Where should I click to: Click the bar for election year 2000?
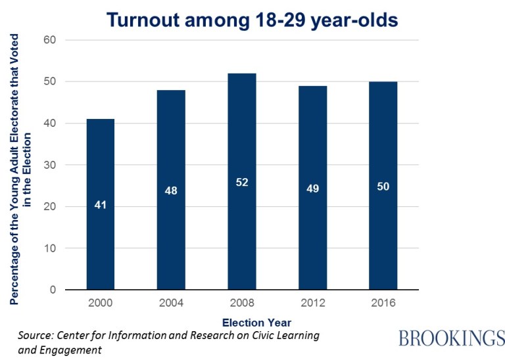pos(101,204)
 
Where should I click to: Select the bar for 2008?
pos(242,181)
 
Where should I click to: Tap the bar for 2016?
pos(383,186)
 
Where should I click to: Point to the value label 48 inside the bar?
pos(171,191)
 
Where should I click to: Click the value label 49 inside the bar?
pos(312,189)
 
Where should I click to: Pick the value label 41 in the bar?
pos(101,205)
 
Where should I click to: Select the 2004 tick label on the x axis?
pos(171,304)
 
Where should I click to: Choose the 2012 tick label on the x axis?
pos(312,304)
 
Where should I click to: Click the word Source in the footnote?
pos(36,336)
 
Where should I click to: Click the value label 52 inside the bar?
pos(242,182)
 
